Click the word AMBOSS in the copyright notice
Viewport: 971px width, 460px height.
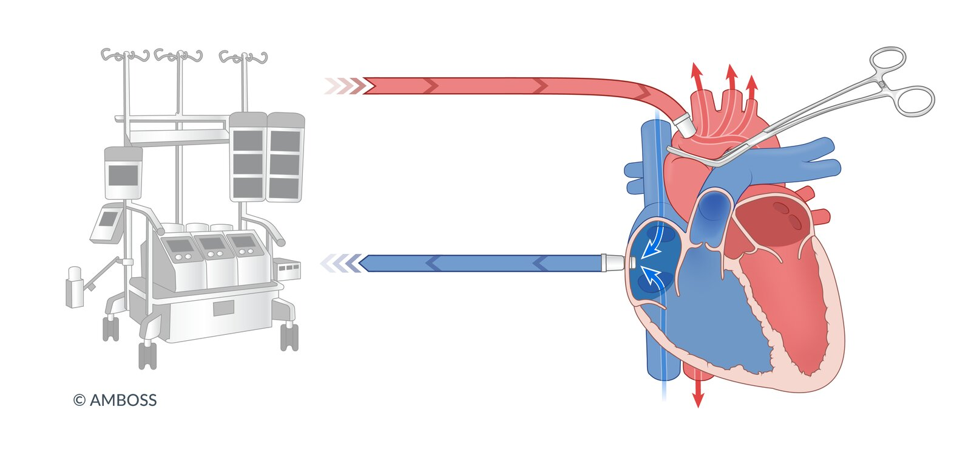pos(123,400)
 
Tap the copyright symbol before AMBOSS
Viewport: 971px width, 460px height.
pos(80,400)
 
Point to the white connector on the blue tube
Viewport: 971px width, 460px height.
pos(613,263)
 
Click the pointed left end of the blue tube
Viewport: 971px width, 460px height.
pos(359,263)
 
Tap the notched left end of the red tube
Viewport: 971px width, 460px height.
pos(368,86)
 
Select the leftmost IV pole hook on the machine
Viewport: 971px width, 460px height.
pos(125,55)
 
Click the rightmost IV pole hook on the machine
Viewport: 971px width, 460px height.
pos(243,57)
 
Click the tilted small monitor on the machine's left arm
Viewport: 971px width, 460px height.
pos(106,222)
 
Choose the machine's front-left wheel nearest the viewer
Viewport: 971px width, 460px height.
pos(147,355)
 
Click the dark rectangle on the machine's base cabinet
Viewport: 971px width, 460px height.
pos(224,308)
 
